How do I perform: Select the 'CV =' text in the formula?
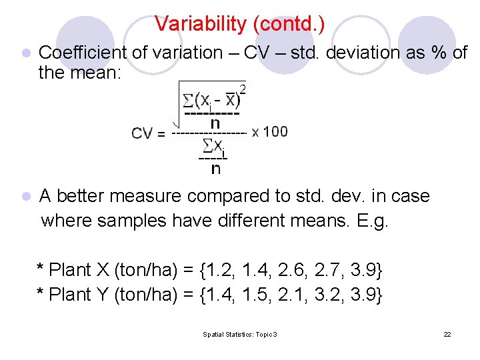[x=149, y=133]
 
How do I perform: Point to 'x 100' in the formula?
[x=270, y=131]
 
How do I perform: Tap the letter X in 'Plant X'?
[x=103, y=271]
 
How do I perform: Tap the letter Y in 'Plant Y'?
[x=103, y=295]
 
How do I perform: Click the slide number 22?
[x=447, y=334]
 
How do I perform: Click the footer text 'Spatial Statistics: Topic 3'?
[x=240, y=334]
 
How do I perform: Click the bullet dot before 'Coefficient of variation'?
[x=25, y=53]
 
